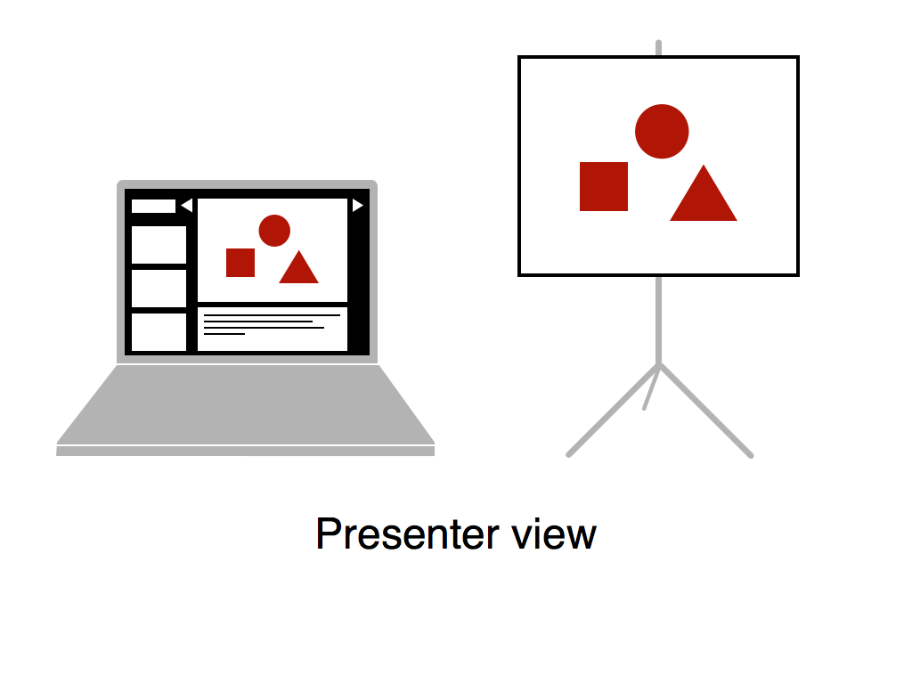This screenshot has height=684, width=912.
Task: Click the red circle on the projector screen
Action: (662, 132)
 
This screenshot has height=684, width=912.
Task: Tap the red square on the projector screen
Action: (604, 186)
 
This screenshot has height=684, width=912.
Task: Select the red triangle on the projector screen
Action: (704, 198)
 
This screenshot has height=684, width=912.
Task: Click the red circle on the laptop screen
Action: (274, 231)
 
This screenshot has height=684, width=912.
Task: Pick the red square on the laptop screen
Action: (240, 263)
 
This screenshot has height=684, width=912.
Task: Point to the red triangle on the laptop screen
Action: (299, 270)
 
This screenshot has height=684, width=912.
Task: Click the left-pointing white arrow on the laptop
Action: (187, 206)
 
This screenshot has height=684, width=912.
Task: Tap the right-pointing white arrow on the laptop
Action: (358, 206)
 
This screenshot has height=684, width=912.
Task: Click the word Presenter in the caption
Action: (408, 534)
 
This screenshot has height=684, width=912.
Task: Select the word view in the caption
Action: (554, 534)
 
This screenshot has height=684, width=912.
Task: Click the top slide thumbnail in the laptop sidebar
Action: (159, 245)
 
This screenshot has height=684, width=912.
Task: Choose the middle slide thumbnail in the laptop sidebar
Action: (159, 289)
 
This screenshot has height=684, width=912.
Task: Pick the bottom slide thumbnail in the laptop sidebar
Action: (159, 332)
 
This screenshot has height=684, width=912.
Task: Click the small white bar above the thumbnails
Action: (153, 206)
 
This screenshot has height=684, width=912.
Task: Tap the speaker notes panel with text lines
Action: (273, 330)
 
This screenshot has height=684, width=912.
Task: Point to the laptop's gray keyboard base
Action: (246, 407)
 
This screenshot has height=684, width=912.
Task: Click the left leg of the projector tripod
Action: (612, 411)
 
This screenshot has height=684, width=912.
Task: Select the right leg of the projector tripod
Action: (706, 411)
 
